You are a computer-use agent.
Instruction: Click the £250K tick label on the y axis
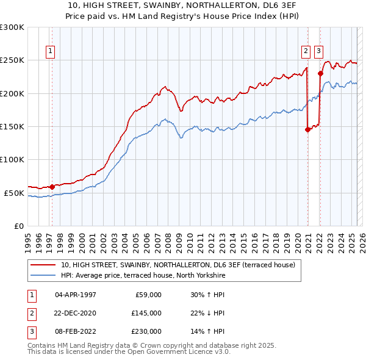pos(12,60)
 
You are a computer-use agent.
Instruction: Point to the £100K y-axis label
pos(12,159)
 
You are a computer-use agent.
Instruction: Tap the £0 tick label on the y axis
pos(18,226)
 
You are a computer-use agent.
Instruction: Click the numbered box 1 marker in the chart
pos(49,52)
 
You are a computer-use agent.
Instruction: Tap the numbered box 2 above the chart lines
pos(306,52)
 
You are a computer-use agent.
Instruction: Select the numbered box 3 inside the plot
pos(318,52)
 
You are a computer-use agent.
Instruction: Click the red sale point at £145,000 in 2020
pos(307,129)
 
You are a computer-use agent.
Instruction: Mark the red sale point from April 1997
pos(52,187)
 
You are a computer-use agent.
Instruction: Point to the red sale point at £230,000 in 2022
pos(320,73)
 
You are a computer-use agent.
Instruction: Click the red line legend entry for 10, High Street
pos(178,265)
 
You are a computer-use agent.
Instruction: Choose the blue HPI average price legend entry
pos(143,276)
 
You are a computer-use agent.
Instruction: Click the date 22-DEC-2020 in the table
pos(76,313)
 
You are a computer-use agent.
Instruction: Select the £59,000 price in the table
pos(146,295)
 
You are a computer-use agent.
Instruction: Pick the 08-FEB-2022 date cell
pos(76,331)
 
